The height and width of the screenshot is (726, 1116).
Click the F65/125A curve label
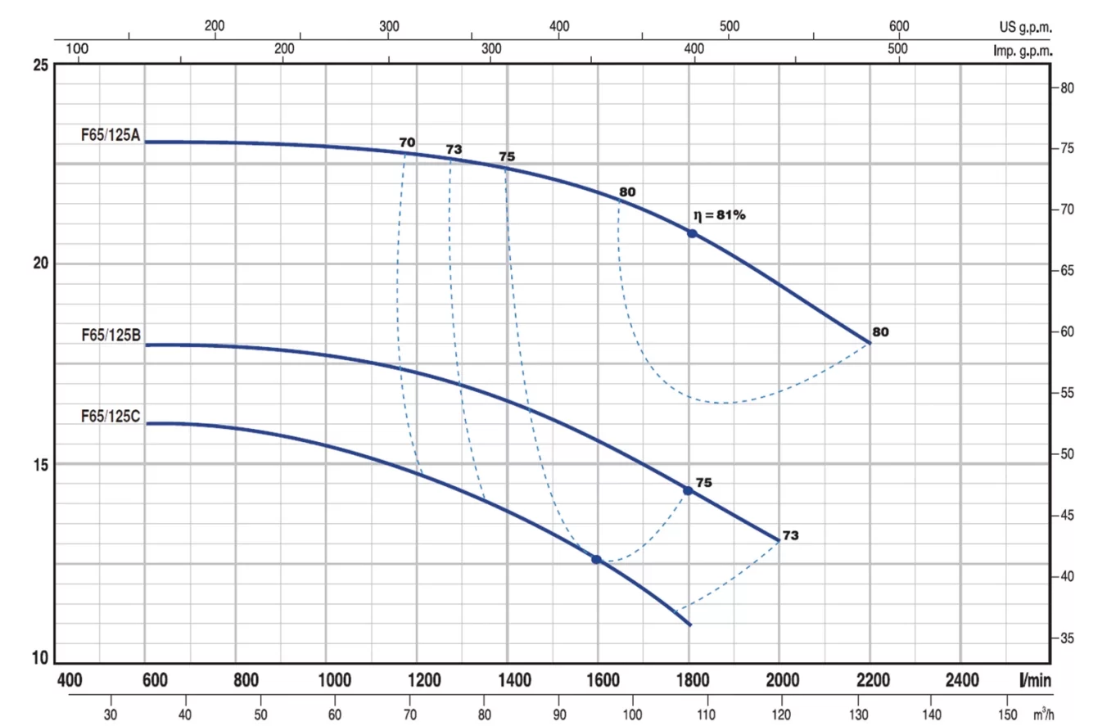111,136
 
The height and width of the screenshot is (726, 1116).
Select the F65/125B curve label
111,335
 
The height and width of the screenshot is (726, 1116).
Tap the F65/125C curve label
111,417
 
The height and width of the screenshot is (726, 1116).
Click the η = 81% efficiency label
720,215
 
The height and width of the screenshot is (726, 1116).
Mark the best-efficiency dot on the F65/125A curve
692,233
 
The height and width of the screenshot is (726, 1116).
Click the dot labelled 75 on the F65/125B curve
688,490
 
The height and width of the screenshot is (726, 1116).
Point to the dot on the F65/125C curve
596,559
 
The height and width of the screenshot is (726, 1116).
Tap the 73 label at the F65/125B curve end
790,535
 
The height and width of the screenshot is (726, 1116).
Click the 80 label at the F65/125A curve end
880,332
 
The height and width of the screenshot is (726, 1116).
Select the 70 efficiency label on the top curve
407,142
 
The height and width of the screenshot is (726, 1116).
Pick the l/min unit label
1036,679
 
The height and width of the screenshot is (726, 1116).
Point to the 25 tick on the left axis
38,65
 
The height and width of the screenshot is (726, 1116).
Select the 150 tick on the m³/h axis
1006,714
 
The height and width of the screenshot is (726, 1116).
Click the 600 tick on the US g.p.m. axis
899,26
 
